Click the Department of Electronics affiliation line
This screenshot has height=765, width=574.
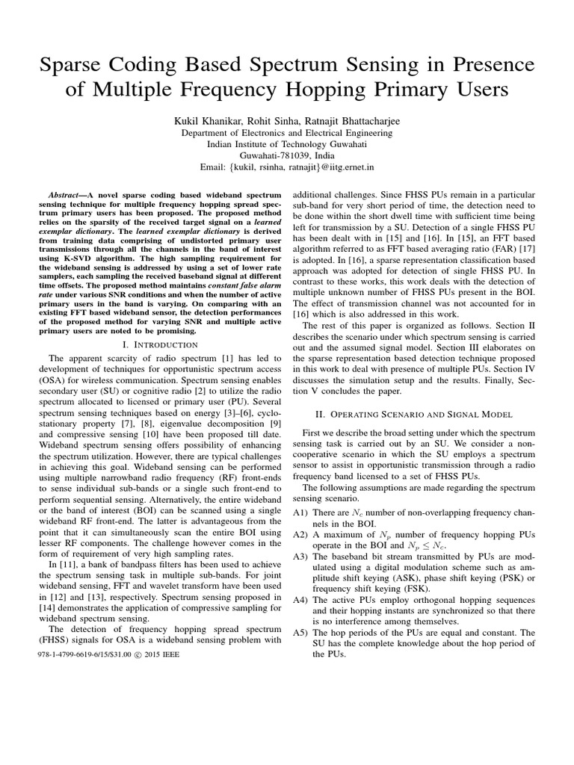pyautogui.click(x=287, y=132)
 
